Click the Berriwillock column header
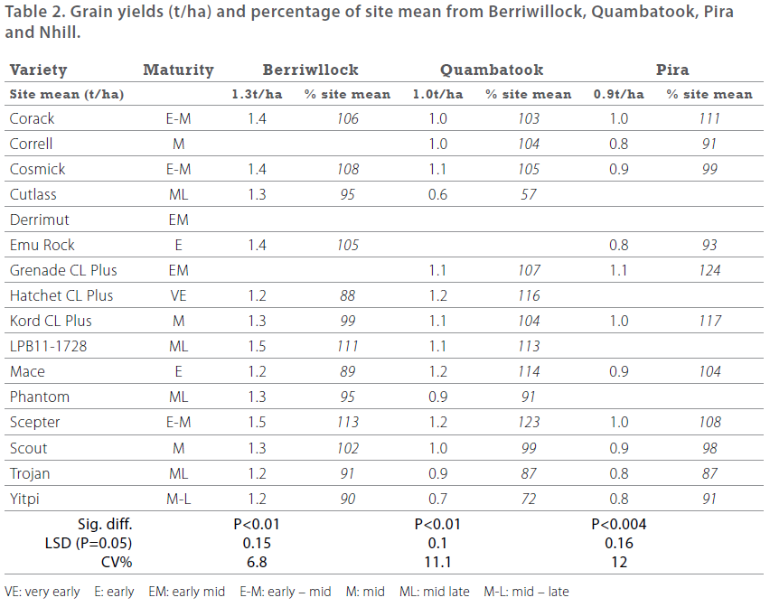pos(310,70)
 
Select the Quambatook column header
pos(492,70)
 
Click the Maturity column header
pos(178,70)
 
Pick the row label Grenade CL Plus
pos(63,270)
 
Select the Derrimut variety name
pos(39,219)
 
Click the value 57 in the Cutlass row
pos(528,194)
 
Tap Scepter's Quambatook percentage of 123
pos(528,422)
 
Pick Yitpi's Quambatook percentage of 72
pos(528,498)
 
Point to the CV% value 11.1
pos(437,561)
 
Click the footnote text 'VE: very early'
pos(42,592)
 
